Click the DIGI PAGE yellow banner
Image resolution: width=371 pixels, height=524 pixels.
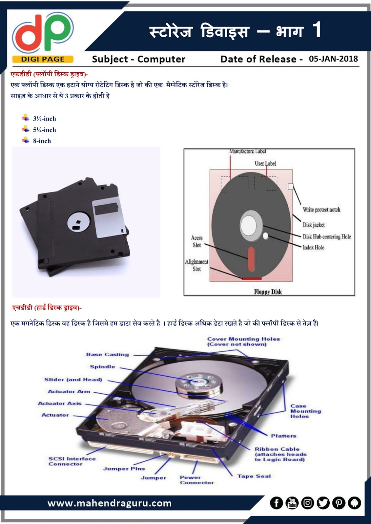[43, 59]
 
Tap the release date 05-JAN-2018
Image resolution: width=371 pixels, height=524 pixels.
[333, 59]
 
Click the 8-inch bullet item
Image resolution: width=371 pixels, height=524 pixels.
[42, 141]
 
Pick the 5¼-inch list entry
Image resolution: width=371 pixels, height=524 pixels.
[44, 130]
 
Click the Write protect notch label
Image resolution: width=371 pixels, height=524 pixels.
[321, 210]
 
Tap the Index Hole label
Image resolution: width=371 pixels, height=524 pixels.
[313, 247]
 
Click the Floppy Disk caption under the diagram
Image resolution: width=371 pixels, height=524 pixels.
[268, 291]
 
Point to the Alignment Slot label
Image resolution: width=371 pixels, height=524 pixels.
[196, 265]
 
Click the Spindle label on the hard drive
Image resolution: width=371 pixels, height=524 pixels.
[102, 367]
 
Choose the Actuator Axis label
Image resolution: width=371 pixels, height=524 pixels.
[59, 403]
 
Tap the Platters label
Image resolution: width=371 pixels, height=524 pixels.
[283, 436]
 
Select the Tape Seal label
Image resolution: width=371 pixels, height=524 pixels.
[254, 476]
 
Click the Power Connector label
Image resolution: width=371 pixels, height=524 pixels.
[196, 480]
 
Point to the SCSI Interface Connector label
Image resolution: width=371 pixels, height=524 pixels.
[72, 461]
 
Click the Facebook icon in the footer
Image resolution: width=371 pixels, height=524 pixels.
[277, 503]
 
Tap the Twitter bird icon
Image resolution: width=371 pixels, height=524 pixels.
[323, 503]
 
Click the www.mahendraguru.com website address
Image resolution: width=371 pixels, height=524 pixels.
[110, 503]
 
